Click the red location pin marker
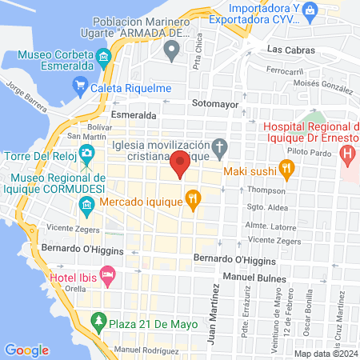point(180,164)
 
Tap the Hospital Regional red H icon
point(348,153)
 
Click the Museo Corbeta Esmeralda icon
point(104,58)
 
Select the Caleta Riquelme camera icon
point(79,85)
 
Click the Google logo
point(26,350)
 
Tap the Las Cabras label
point(287,50)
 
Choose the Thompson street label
point(266,190)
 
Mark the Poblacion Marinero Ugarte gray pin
point(170,51)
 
